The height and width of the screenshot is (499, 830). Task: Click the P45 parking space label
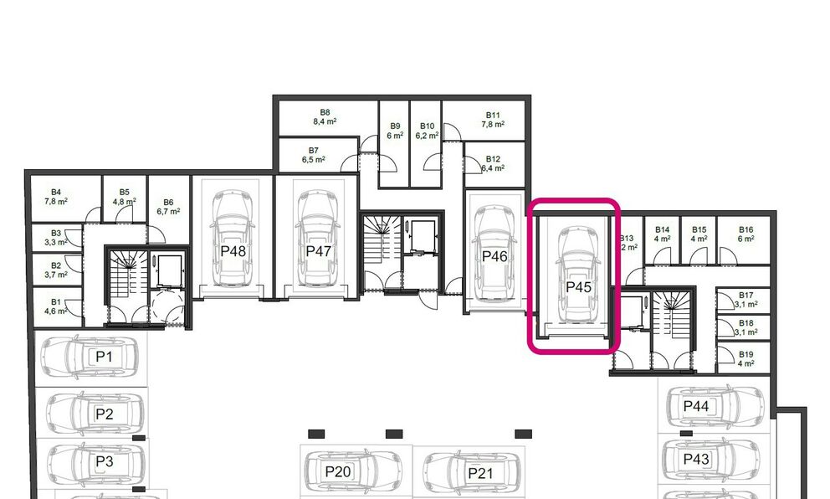579,286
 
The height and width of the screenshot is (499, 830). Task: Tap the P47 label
318,250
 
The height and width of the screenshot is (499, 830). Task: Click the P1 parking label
104,357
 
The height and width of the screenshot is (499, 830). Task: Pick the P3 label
104,461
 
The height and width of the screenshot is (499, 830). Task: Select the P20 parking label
338,471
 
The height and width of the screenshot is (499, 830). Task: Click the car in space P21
469,474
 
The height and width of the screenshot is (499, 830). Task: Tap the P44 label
696,406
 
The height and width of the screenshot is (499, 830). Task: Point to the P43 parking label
696,459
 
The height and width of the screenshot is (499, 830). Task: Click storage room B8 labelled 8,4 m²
325,116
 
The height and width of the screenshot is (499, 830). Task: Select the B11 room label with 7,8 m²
493,119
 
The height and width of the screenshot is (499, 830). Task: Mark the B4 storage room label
56,196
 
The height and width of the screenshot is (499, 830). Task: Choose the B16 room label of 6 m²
746,234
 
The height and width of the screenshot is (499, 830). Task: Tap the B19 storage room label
746,358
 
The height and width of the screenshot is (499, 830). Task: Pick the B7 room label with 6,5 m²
313,154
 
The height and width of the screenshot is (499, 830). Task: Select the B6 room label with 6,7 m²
168,207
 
